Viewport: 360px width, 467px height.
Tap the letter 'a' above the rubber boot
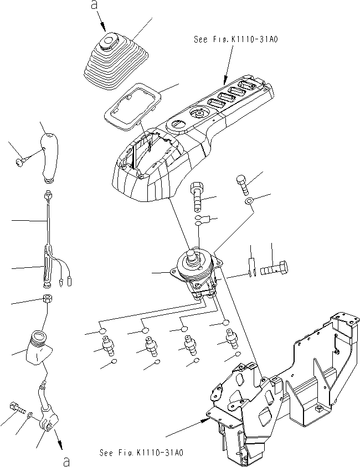pos(93,7)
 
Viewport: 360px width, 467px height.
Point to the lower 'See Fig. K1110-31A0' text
pos(141,453)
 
